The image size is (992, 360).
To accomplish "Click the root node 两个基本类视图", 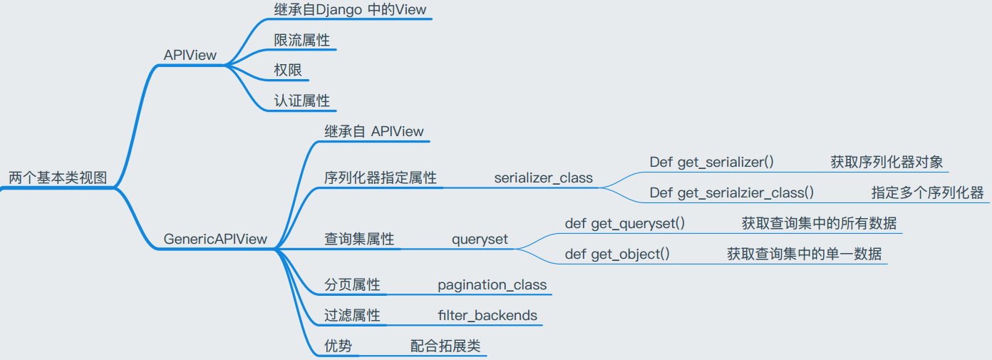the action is (x=58, y=178).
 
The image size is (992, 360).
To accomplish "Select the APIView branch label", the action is (x=190, y=55).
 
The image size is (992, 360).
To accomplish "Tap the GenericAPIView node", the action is (x=215, y=239).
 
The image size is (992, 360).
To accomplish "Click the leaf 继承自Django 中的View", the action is (x=350, y=9).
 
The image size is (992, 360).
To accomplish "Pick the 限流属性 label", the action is (x=302, y=40).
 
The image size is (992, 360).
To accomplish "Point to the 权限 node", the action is (x=288, y=70).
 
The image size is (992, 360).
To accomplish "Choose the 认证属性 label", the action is (x=302, y=101).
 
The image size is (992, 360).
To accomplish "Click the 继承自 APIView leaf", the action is (x=373, y=131).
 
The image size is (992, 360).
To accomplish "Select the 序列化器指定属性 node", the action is (x=381, y=178).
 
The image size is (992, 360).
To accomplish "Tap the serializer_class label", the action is (x=543, y=178).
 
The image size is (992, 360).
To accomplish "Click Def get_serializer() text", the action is (x=712, y=162).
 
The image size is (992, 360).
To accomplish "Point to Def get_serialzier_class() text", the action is (x=732, y=192).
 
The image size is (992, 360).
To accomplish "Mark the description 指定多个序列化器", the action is (x=928, y=192).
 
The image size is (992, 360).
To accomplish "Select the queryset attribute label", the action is (x=480, y=240).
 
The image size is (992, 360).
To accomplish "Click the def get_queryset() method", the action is (x=625, y=224).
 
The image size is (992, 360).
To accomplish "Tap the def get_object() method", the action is (x=617, y=254).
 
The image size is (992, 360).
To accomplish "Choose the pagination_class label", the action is (x=492, y=284).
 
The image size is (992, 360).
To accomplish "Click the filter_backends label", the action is (x=487, y=315).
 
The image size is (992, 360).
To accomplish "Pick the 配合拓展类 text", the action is (x=445, y=346).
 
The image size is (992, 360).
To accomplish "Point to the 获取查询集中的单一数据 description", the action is (x=805, y=254).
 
